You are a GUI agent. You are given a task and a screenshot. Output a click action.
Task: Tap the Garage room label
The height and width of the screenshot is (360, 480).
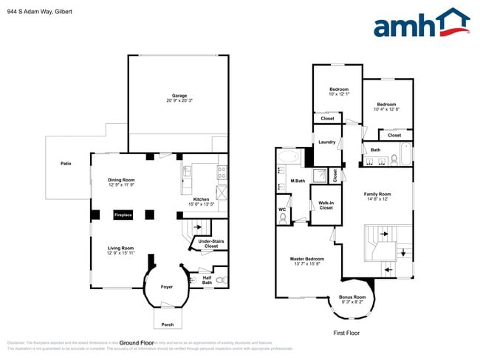(x=179, y=97)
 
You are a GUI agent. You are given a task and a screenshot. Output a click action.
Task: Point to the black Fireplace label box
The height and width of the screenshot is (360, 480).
(x=123, y=215)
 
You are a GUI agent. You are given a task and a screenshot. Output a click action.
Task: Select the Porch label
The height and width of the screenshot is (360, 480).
(x=168, y=324)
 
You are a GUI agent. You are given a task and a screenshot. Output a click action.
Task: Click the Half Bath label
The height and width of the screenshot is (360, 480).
(x=207, y=280)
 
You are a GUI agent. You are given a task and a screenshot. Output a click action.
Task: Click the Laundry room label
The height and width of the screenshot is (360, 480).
(x=326, y=142)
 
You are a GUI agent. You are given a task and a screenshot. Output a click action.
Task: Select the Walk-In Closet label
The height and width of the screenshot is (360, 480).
(x=326, y=205)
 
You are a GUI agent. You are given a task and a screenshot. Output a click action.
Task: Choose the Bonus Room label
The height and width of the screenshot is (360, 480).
(x=352, y=299)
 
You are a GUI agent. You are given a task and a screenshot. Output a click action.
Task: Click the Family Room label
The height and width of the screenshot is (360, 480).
(x=376, y=196)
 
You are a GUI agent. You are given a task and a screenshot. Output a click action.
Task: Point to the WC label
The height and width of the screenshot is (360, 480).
(x=282, y=210)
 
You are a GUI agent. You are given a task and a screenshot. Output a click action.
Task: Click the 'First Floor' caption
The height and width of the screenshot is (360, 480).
(x=347, y=333)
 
